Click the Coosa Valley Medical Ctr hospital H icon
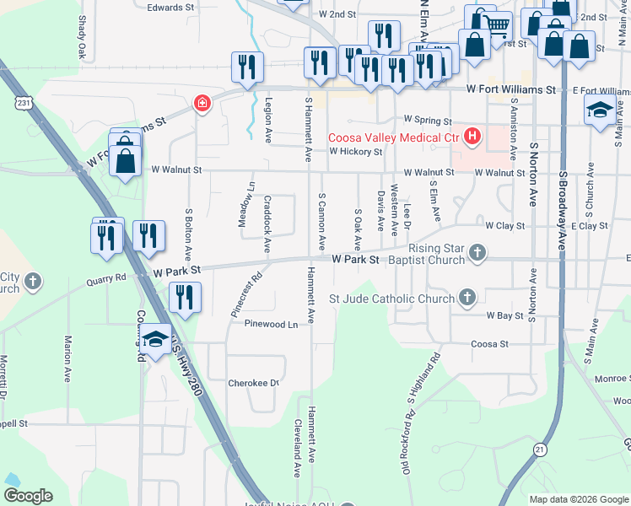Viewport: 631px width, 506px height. tap(472, 136)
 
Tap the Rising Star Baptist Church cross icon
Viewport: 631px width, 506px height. tap(477, 251)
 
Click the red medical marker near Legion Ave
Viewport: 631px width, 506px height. tap(202, 104)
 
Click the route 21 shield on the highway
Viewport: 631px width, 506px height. tap(538, 450)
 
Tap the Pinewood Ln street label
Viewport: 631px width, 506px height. tap(271, 324)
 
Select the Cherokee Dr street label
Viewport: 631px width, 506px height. tap(253, 383)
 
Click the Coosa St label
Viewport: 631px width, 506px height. tap(489, 344)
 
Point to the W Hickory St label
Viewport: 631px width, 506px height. tap(355, 152)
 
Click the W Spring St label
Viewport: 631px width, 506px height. tap(428, 120)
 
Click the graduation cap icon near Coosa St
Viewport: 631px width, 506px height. tap(155, 339)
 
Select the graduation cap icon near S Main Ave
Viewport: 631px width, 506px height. tap(600, 110)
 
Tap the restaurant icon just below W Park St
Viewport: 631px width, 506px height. tap(185, 297)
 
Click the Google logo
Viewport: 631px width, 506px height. tap(28, 496)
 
